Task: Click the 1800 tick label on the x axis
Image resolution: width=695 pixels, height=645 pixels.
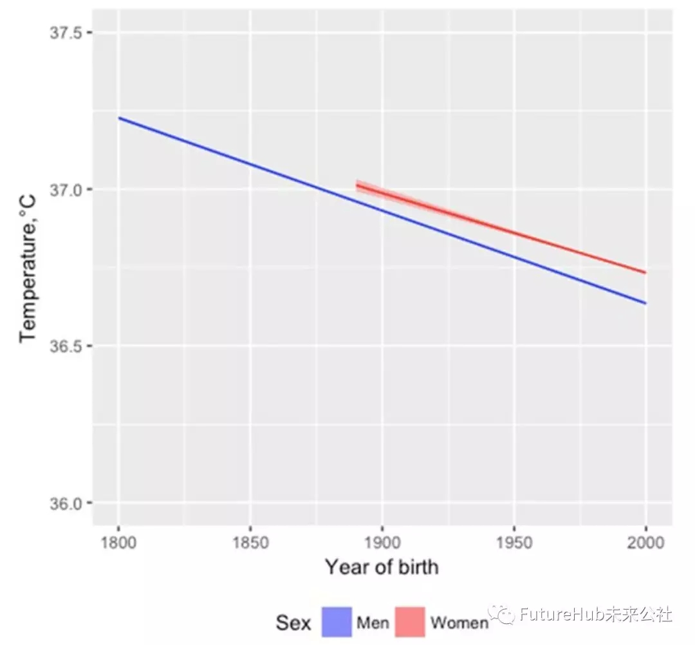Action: [118, 543]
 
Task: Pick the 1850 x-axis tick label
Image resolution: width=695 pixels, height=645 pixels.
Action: [250, 543]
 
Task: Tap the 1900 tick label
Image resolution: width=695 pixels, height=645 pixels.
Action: [382, 543]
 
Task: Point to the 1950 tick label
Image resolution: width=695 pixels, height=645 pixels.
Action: [514, 543]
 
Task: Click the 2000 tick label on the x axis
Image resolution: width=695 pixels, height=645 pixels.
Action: [645, 543]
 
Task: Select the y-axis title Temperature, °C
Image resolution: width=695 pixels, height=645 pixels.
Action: [28, 270]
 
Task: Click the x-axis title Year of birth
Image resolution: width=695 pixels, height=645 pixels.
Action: [382, 567]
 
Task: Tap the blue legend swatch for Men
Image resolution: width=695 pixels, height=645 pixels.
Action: [336, 622]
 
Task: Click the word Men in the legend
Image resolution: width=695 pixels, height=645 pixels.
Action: [373, 623]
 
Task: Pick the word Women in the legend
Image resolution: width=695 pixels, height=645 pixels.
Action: [459, 623]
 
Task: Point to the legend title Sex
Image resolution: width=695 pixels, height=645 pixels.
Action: [293, 622]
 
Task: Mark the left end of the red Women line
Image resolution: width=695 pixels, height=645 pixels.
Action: [357, 185]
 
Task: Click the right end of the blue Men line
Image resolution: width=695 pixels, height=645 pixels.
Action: [645, 303]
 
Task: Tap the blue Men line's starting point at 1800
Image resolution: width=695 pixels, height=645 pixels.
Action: [119, 118]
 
